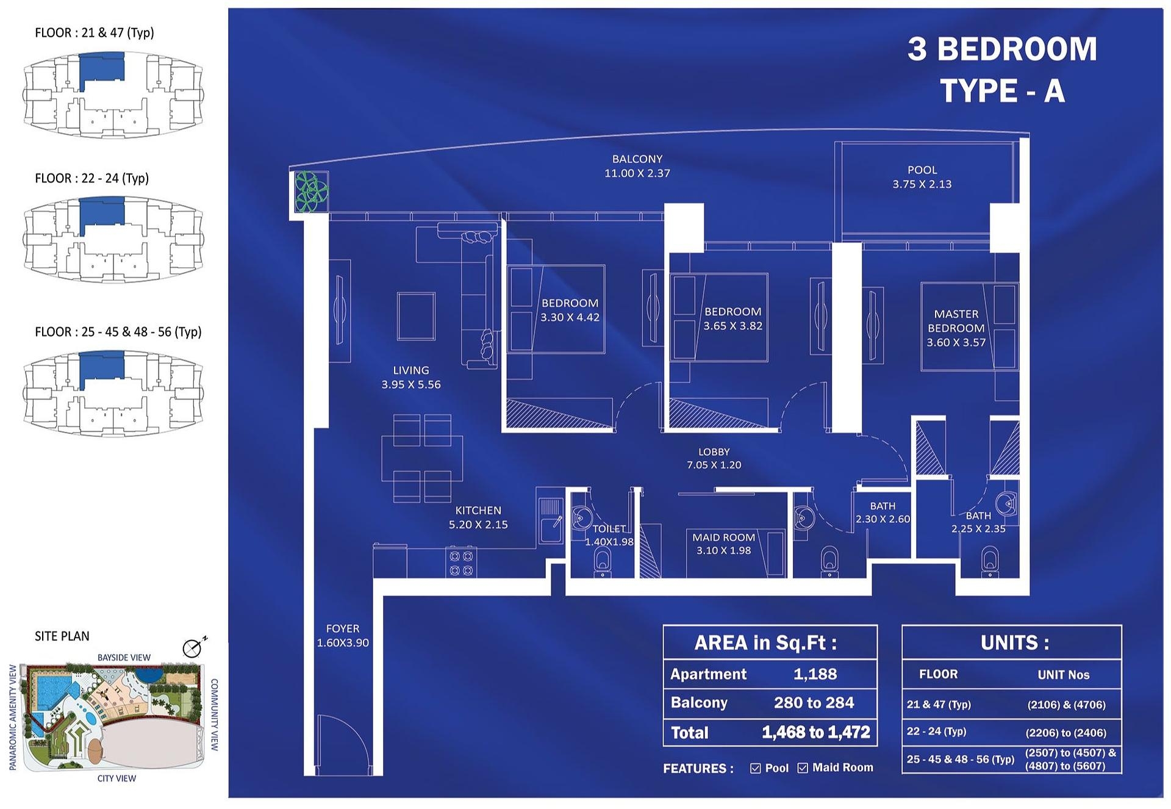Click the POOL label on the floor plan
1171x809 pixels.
click(x=922, y=170)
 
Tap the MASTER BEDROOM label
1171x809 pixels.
click(x=956, y=321)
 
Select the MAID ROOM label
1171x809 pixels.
click(x=723, y=537)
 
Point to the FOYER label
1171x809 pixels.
click(x=342, y=628)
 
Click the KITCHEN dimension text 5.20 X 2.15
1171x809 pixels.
click(x=478, y=524)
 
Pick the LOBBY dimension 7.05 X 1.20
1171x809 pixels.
click(x=714, y=465)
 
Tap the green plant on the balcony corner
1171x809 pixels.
click(x=311, y=191)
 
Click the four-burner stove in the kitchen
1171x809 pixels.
click(x=461, y=563)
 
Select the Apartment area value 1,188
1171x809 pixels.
click(x=815, y=674)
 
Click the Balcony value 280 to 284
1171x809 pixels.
click(x=814, y=703)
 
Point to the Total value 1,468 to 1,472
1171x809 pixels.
click(x=816, y=732)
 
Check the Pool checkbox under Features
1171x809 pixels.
click(x=756, y=768)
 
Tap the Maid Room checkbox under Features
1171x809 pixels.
click(x=803, y=768)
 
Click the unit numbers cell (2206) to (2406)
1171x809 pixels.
click(x=1065, y=733)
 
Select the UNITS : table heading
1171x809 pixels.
click(x=1014, y=642)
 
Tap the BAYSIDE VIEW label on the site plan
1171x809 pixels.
click(x=124, y=658)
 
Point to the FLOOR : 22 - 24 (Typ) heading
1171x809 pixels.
click(x=92, y=178)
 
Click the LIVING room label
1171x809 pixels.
click(x=410, y=370)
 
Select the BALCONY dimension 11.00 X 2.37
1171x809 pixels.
click(x=637, y=173)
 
